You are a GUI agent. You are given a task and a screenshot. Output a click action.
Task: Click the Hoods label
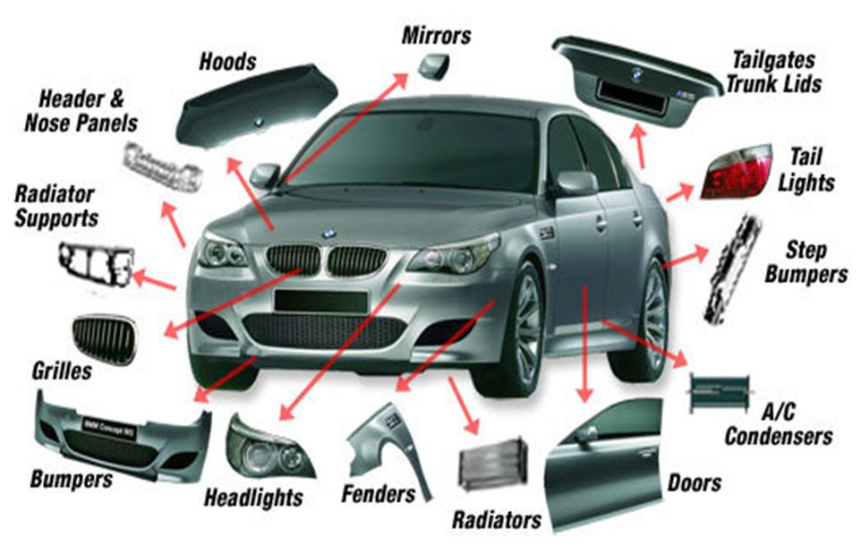pyautogui.click(x=226, y=62)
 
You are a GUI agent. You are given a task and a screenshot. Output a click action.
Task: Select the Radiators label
pyautogui.click(x=496, y=519)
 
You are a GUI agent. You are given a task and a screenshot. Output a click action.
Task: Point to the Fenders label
pyautogui.click(x=379, y=493)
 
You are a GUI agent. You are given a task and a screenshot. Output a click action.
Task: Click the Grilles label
pyautogui.click(x=62, y=370)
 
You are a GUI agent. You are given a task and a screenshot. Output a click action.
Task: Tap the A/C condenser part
pyautogui.click(x=721, y=390)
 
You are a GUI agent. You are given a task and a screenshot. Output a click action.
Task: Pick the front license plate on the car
pyautogui.click(x=321, y=299)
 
